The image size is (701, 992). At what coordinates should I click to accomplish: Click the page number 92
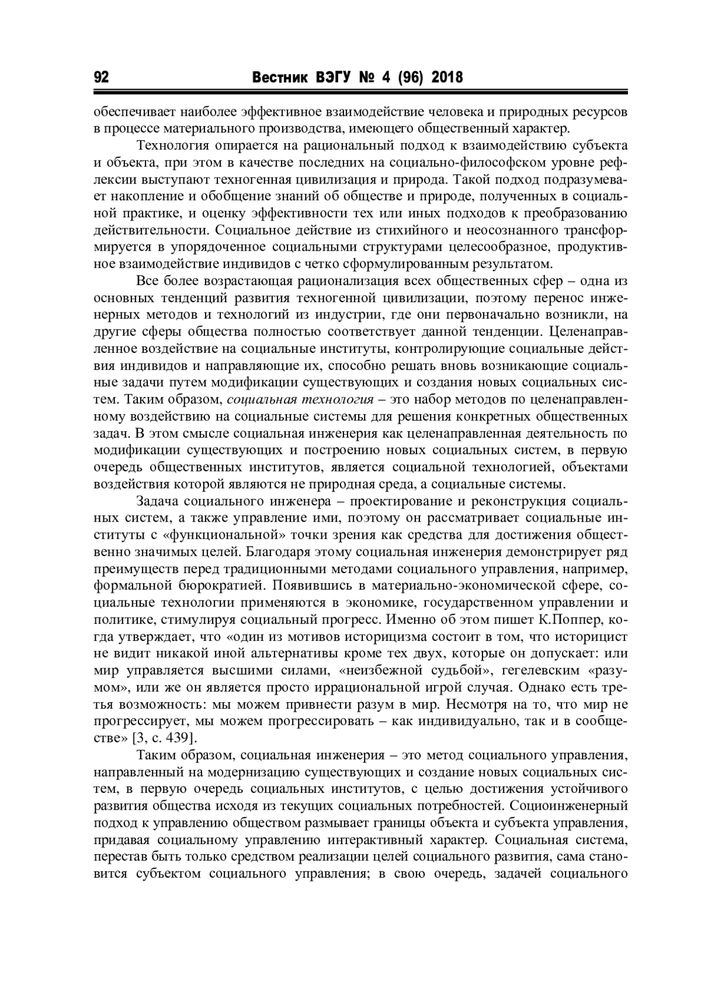[x=101, y=78]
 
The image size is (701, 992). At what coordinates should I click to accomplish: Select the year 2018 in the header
[x=447, y=78]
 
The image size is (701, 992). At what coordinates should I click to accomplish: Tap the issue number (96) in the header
[x=408, y=78]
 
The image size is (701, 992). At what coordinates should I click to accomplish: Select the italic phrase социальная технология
[x=300, y=400]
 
